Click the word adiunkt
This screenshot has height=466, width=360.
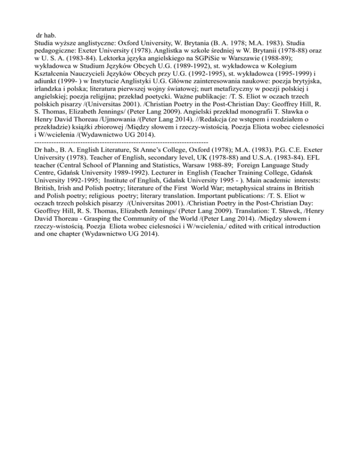tap(46, 85)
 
